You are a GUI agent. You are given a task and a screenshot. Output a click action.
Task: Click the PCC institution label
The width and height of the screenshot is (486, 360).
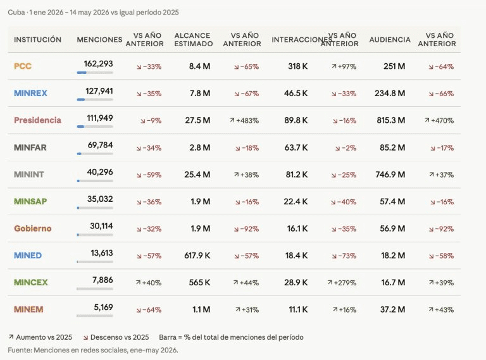point(23,66)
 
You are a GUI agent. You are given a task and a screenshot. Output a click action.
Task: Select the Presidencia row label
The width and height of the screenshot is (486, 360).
point(37,120)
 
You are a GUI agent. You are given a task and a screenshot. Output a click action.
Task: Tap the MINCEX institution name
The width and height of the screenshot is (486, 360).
point(30,283)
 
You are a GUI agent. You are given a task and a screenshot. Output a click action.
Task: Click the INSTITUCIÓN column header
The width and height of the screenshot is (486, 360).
point(37,40)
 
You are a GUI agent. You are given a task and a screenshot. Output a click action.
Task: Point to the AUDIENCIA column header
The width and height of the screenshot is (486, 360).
point(390,40)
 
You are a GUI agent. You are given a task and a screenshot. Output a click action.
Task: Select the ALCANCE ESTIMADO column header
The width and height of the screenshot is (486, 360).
point(194,40)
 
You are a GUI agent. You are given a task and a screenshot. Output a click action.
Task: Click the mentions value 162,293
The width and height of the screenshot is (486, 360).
point(98,64)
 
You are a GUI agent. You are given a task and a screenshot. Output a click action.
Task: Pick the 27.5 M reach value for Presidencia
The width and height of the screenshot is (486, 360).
point(197,120)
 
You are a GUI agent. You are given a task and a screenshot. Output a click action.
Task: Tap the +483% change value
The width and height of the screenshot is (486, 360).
point(244,120)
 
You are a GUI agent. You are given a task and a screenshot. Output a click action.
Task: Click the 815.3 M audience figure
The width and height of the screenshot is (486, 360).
point(391,120)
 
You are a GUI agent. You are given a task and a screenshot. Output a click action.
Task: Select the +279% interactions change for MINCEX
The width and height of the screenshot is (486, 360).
point(342,283)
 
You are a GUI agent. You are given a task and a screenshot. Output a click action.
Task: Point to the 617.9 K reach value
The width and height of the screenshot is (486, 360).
point(197,256)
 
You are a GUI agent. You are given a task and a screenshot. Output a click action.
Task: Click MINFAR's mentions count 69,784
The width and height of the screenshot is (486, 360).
point(100,145)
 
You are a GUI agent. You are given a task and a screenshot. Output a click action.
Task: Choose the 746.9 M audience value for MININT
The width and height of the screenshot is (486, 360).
point(390,175)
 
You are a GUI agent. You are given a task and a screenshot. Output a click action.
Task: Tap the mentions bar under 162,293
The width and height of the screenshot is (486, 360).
point(95,73)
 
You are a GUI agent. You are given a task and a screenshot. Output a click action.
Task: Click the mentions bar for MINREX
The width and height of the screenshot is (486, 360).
point(95,100)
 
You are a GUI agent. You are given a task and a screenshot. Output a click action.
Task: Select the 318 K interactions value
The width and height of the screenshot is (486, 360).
point(298,66)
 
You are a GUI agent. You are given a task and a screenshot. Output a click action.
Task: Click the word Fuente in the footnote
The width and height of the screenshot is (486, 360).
point(19,350)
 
